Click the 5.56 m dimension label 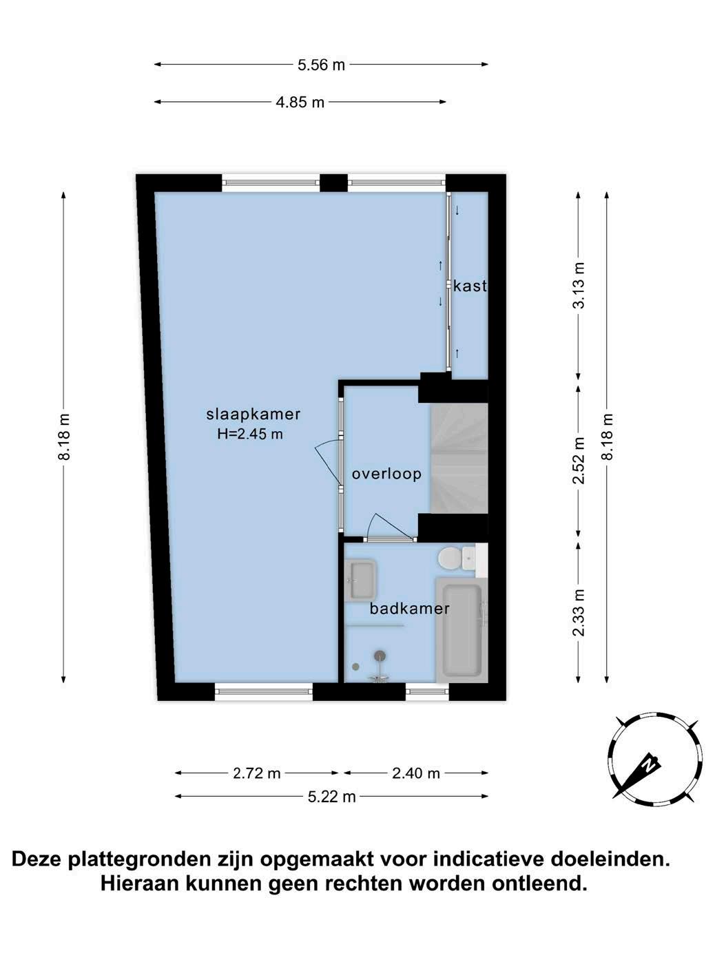point(321,65)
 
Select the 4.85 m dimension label point(300,103)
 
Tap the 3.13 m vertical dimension point(579,285)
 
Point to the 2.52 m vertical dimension point(579,460)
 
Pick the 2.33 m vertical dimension point(579,613)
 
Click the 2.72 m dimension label point(256,773)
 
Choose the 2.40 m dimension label point(416,773)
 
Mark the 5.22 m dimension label point(332,797)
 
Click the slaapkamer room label point(253,415)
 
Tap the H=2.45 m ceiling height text point(250,434)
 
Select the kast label point(470,286)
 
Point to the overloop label point(386,474)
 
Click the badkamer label point(409,608)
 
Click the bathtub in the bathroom point(462,630)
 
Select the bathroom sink point(361,580)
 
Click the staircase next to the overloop point(459,459)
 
